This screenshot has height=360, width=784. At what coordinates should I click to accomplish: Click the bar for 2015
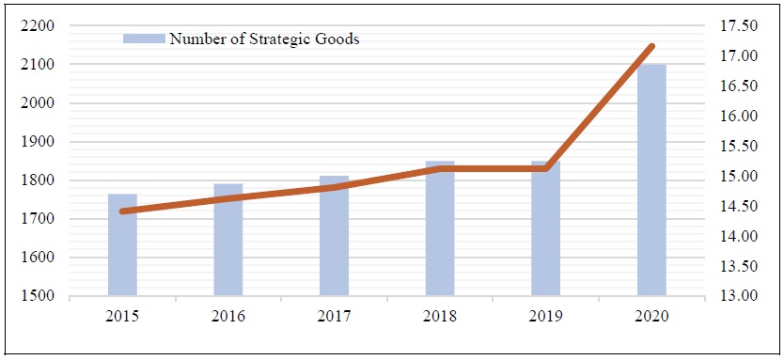(122, 245)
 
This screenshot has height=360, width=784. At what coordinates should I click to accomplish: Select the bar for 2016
(227, 241)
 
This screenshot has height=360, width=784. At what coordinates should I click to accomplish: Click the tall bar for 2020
(651, 180)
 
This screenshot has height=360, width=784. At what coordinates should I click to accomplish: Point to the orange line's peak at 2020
(651, 45)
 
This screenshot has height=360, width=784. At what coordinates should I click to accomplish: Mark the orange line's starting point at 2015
(122, 211)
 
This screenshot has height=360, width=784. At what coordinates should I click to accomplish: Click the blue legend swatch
(144, 39)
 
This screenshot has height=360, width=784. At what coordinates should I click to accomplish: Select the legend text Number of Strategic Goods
(264, 39)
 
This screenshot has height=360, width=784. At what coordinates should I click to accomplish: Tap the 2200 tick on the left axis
(38, 26)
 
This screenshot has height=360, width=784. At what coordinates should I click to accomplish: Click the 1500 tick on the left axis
(38, 297)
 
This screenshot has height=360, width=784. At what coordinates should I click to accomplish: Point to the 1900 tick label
(38, 142)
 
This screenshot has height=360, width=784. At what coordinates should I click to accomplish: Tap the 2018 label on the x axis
(440, 317)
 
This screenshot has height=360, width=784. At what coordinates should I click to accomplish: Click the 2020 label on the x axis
(651, 317)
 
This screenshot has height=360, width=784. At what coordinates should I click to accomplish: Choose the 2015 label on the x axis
(122, 317)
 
